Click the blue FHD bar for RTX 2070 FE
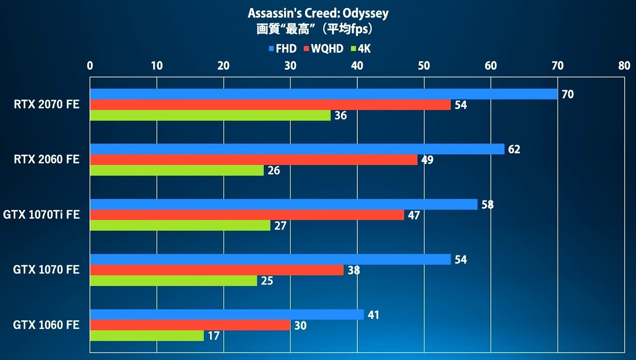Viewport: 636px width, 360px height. pyautogui.click(x=324, y=94)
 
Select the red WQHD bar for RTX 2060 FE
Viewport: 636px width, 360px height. pyautogui.click(x=254, y=160)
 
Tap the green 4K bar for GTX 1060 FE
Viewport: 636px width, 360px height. pyautogui.click(x=147, y=336)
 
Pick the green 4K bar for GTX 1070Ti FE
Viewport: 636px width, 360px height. pyautogui.click(x=180, y=225)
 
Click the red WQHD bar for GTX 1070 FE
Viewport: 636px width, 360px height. pyautogui.click(x=217, y=270)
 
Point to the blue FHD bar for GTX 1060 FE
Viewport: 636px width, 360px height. pyautogui.click(x=227, y=315)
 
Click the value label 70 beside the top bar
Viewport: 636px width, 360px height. pyautogui.click(x=567, y=94)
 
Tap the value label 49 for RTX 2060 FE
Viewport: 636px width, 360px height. pyautogui.click(x=427, y=160)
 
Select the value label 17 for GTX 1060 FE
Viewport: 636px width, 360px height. pyautogui.click(x=214, y=336)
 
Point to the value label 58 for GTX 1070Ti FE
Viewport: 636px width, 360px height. pyautogui.click(x=487, y=204)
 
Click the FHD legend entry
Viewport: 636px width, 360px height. pyautogui.click(x=283, y=49)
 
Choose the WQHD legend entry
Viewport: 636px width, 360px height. pyautogui.click(x=323, y=49)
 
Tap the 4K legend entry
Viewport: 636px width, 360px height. pyautogui.click(x=361, y=49)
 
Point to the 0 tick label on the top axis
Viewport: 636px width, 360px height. pyautogui.click(x=90, y=66)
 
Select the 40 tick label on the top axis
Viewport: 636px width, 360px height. pyautogui.click(x=357, y=66)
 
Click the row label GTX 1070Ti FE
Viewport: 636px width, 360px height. pyautogui.click(x=41, y=214)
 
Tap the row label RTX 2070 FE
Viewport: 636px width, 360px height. pyautogui.click(x=47, y=104)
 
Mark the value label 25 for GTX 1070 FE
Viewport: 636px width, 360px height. pyautogui.click(x=267, y=281)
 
